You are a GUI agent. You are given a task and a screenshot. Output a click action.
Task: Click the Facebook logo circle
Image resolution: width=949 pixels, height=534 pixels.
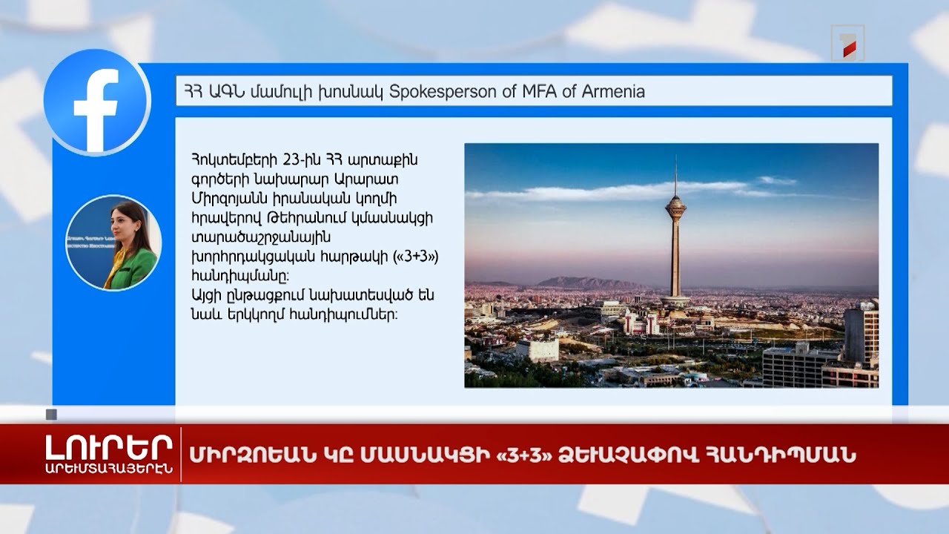click(96, 102)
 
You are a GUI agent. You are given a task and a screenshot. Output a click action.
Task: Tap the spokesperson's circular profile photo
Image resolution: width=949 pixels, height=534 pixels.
click(113, 243)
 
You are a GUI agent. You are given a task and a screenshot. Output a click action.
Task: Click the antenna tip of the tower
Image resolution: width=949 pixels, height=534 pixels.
click(675, 158)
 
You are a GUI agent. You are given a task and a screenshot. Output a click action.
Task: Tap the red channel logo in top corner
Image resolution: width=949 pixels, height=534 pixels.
click(847, 43)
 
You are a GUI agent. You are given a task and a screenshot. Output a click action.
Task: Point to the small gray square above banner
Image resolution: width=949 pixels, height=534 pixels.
click(51, 415)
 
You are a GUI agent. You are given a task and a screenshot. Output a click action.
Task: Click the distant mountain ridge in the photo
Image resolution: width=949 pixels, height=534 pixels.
click(586, 283)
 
